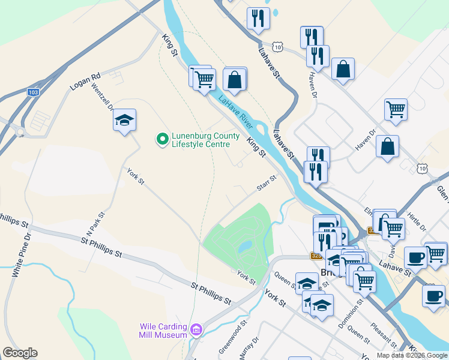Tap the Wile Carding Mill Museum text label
(x=163, y=331)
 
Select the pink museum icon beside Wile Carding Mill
(x=196, y=329)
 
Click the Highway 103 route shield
(x=34, y=92)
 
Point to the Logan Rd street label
(x=85, y=82)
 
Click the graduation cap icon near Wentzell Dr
(x=124, y=119)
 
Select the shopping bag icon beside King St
(x=235, y=79)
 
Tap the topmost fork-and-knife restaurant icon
(x=258, y=18)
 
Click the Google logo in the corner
(x=20, y=353)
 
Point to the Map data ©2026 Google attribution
(x=412, y=355)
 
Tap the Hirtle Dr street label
(x=415, y=220)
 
